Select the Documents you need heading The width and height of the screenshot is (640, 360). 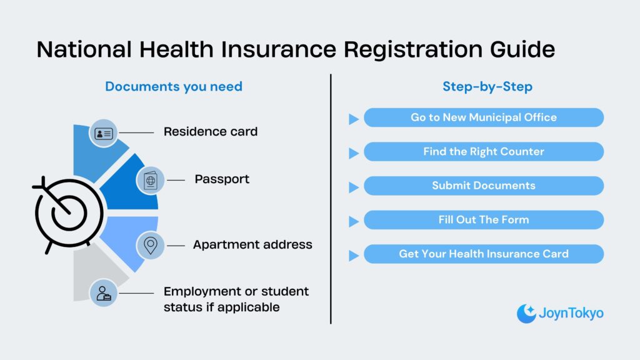(174, 86)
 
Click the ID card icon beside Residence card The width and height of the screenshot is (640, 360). (103, 133)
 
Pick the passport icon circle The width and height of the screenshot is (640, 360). (151, 180)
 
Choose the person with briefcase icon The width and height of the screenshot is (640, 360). (103, 292)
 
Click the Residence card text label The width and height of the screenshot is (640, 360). (211, 132)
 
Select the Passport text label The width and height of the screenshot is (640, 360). (222, 179)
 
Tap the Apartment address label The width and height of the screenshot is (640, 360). (252, 245)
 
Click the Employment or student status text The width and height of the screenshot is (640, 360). (236, 299)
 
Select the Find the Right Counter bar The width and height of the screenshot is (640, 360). (484, 152)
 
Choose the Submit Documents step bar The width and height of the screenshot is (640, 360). (484, 186)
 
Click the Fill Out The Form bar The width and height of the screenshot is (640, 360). (484, 220)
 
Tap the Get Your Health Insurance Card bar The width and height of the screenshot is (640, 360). (484, 254)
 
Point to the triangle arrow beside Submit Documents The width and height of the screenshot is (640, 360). (354, 187)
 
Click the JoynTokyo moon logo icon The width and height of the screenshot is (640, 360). (526, 313)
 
